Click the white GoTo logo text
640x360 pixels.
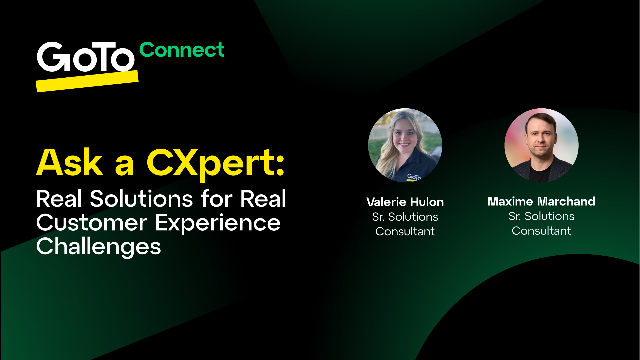tap(85, 57)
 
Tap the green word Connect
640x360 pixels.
tap(182, 50)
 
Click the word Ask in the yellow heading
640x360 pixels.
tap(70, 163)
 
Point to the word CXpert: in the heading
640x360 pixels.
tap(215, 163)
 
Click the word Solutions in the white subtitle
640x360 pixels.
tap(141, 199)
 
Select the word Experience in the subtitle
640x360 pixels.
tap(218, 223)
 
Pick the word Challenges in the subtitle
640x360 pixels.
tap(99, 247)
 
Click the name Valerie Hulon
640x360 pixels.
tap(405, 202)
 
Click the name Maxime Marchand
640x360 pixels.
tap(541, 201)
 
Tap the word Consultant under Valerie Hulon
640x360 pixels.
tap(405, 231)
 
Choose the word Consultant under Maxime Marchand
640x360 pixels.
tap(541, 231)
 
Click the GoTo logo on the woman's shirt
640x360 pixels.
tap(414, 177)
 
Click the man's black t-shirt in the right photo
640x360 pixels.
tap(540, 174)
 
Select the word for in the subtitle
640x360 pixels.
tap(216, 199)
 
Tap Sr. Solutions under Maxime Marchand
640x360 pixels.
tap(541, 216)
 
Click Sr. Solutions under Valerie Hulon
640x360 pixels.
tap(405, 217)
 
